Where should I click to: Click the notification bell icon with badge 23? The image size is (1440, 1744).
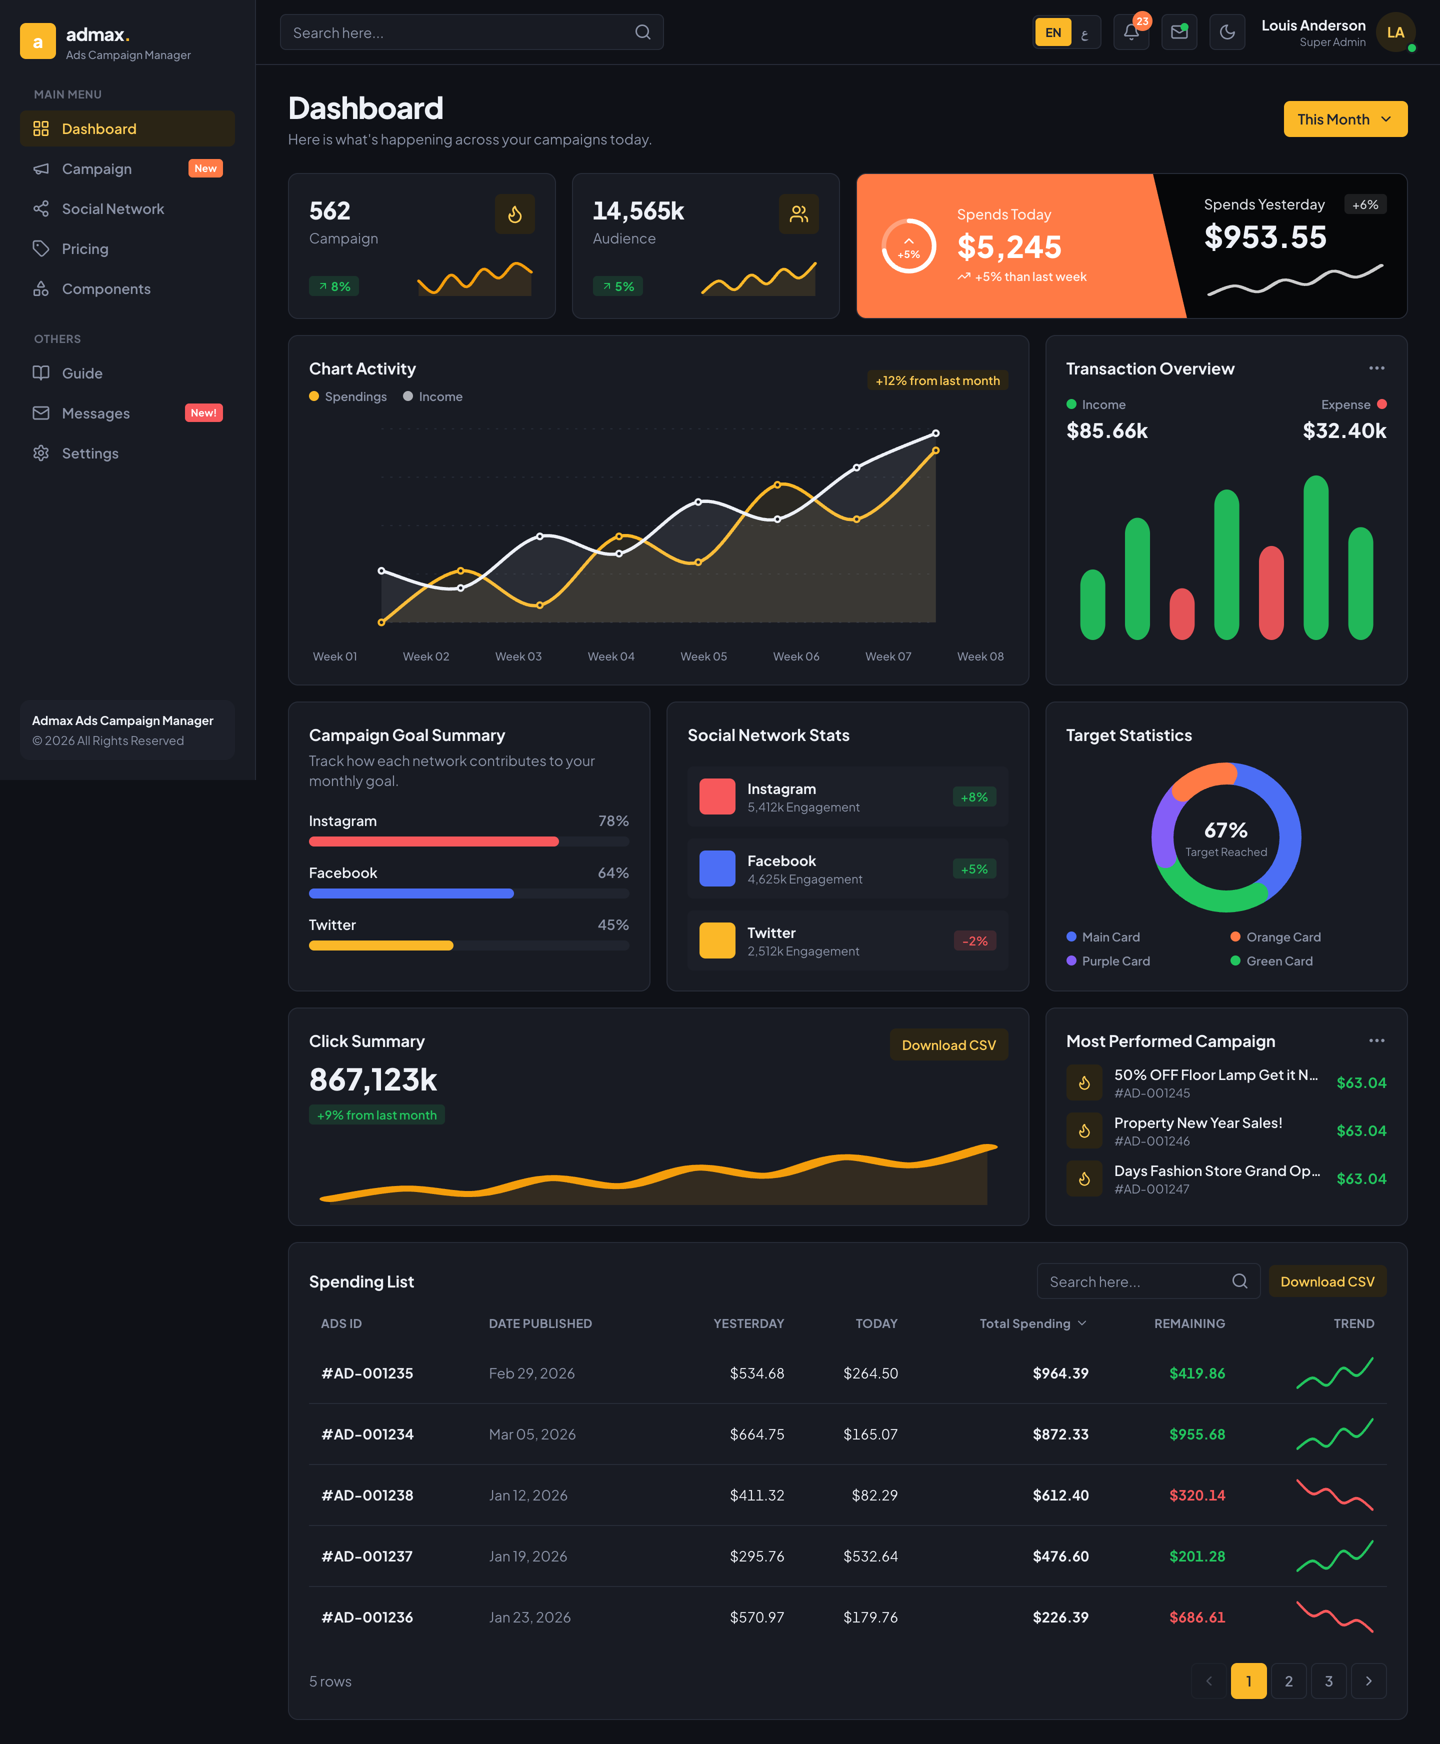(1130, 32)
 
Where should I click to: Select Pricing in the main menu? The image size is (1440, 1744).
(84, 249)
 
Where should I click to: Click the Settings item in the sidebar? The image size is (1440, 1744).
(89, 453)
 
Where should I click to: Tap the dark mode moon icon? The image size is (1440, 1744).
(1227, 32)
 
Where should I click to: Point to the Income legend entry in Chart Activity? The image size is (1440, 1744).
(433, 397)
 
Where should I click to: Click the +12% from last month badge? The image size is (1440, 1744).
(937, 380)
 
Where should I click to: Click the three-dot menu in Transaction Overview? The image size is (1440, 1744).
(1376, 368)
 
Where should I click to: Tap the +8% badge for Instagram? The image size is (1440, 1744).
(974, 797)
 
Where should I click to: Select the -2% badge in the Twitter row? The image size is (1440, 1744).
(974, 941)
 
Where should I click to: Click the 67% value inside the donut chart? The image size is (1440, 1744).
(1226, 830)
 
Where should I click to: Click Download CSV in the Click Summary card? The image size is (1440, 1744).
(948, 1045)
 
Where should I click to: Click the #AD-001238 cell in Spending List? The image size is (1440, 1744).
(367, 1495)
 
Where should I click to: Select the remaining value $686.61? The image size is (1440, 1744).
(1197, 1617)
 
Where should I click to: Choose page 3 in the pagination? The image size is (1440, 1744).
(1328, 1681)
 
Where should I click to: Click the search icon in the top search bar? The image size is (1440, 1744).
(643, 32)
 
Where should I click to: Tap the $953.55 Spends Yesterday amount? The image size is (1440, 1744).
(1265, 238)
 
